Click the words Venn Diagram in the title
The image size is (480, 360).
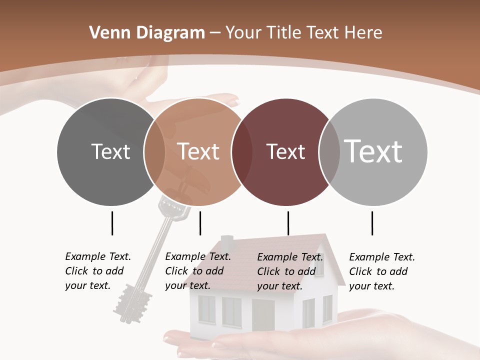[x=147, y=33]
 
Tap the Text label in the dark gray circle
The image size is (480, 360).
[x=110, y=151]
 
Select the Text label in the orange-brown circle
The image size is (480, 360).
[x=198, y=151]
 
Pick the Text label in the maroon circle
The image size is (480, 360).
[x=285, y=151]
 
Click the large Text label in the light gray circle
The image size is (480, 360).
[x=373, y=151]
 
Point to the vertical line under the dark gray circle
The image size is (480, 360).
[x=112, y=223]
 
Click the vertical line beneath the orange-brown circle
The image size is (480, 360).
[x=200, y=223]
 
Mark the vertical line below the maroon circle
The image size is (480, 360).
[x=288, y=223]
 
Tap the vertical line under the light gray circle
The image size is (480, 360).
[x=372, y=223]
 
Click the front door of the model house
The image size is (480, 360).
[x=263, y=315]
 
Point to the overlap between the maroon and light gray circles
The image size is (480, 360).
[x=328, y=152]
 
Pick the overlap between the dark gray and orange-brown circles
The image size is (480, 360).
[x=154, y=152]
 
